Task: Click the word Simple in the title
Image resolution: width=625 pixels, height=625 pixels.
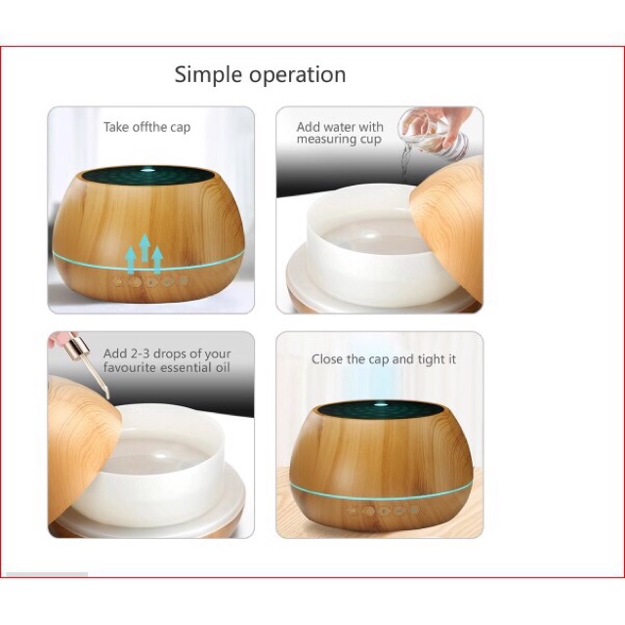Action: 207,74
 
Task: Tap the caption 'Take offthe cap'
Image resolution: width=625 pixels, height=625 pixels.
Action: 147,127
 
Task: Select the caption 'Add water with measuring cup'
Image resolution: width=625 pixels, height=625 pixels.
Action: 340,133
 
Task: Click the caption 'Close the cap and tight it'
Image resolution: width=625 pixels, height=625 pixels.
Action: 384,359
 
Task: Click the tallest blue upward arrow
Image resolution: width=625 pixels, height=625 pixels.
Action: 144,249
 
